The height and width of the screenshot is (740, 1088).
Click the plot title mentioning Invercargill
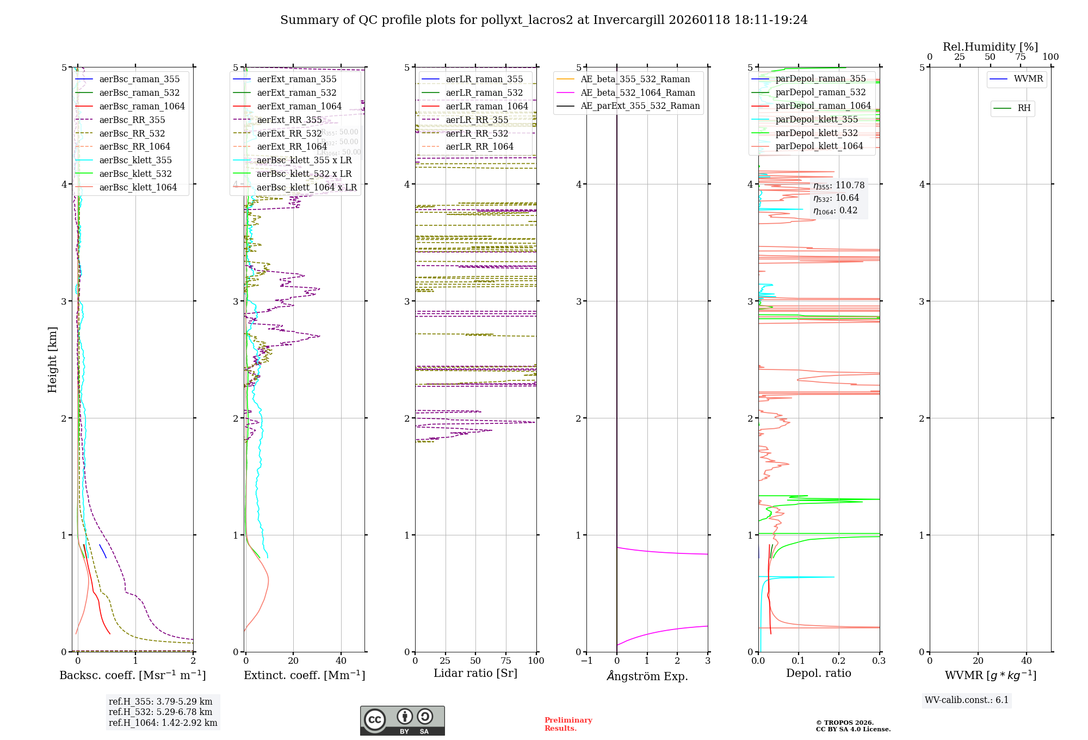coord(543,20)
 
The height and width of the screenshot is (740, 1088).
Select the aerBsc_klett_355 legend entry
coord(135,161)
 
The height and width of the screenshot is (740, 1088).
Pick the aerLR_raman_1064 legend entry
coord(486,107)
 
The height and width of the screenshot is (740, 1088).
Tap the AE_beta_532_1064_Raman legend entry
coord(638,93)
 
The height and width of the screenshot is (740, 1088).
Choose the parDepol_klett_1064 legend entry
coord(819,146)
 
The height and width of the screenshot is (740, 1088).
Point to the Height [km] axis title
coord(52,359)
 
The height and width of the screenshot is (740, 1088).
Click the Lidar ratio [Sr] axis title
coord(475,673)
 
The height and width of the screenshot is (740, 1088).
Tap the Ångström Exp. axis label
coord(647,676)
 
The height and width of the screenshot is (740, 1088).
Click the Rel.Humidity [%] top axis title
coord(990,47)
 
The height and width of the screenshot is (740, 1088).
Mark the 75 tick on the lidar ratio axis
coord(506,661)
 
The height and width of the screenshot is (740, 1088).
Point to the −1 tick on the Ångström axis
coord(586,661)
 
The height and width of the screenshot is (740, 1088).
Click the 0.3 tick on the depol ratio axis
coord(879,661)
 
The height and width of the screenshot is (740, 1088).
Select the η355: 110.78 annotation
coord(838,186)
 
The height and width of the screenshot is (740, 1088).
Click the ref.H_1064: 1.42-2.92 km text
coord(163,723)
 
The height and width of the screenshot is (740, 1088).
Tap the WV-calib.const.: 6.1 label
coord(966,700)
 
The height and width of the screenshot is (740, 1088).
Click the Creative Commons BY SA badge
coord(402,720)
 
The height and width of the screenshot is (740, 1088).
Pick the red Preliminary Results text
coord(568,724)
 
